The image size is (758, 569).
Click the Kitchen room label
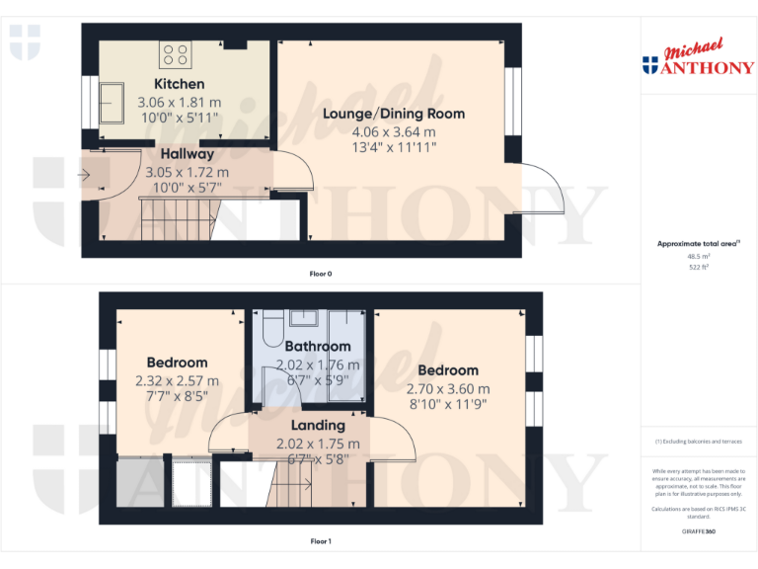179,84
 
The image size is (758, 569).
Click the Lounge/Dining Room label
393,114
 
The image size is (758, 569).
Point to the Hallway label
187,154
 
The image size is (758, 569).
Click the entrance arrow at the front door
85,176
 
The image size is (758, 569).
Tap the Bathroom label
317,347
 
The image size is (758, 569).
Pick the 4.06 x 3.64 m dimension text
393,131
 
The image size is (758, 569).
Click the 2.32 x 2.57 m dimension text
178,380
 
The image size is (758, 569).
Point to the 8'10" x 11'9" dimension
448,404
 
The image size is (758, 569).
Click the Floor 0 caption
321,273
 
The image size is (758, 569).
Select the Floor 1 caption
321,541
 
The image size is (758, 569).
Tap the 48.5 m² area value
699,256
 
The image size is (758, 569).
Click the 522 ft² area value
699,267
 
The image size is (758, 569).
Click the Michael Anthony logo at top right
699,59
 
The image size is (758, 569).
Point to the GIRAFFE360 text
699,531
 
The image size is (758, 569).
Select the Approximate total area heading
698,243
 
